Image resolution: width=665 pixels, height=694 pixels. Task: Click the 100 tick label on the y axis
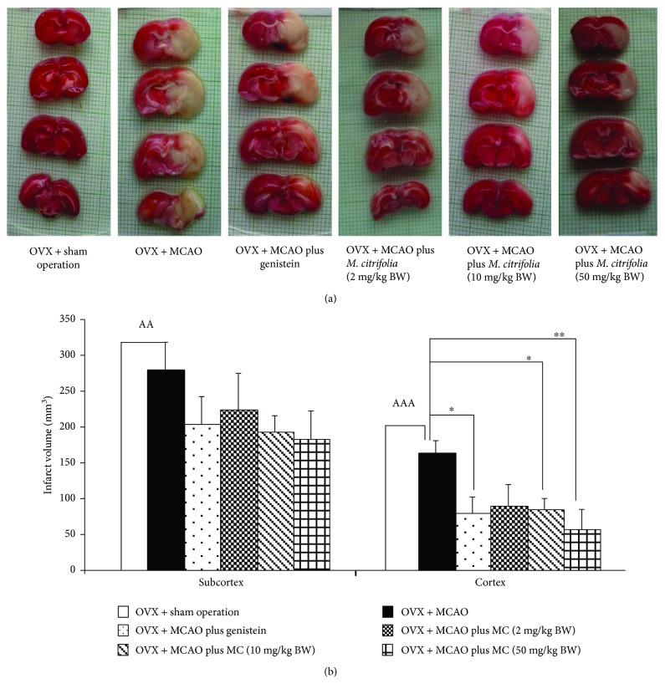(x=63, y=498)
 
